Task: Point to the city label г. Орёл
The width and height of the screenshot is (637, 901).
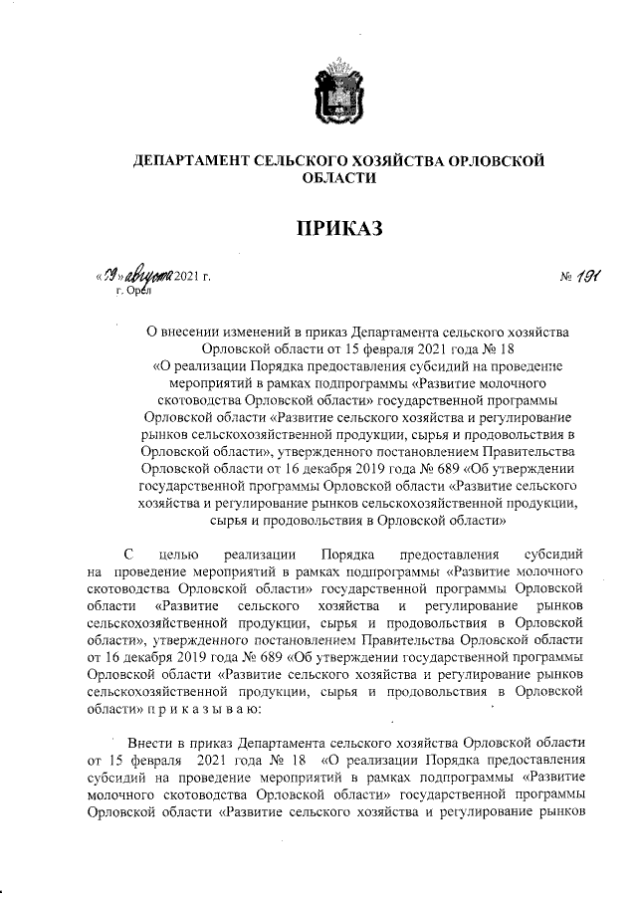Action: pos(132,291)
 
